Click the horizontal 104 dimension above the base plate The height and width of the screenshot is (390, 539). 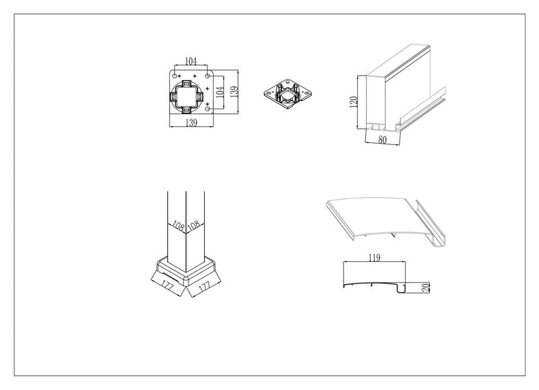[x=191, y=61]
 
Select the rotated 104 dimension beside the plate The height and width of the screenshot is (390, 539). [x=220, y=92]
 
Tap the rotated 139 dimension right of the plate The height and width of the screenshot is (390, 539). [x=234, y=92]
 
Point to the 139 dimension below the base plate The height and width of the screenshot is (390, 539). [x=191, y=123]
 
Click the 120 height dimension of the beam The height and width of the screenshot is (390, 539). [x=353, y=102]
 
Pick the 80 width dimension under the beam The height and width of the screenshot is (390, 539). [x=382, y=140]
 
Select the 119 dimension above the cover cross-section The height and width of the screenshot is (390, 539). [x=375, y=258]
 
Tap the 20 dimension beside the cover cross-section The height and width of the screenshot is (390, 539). [x=426, y=287]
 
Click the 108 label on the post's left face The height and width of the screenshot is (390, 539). [x=178, y=226]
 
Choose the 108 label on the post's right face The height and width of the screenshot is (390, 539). [x=194, y=226]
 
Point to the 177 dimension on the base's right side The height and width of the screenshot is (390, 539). [x=204, y=285]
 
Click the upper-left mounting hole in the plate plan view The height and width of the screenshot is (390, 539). [x=175, y=76]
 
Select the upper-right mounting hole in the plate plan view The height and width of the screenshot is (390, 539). [x=208, y=76]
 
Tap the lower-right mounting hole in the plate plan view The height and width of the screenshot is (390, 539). [x=208, y=109]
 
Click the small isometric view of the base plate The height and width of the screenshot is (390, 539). [x=288, y=94]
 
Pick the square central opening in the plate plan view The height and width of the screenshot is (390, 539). [x=186, y=96]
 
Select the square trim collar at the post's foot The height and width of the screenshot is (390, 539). [x=186, y=272]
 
